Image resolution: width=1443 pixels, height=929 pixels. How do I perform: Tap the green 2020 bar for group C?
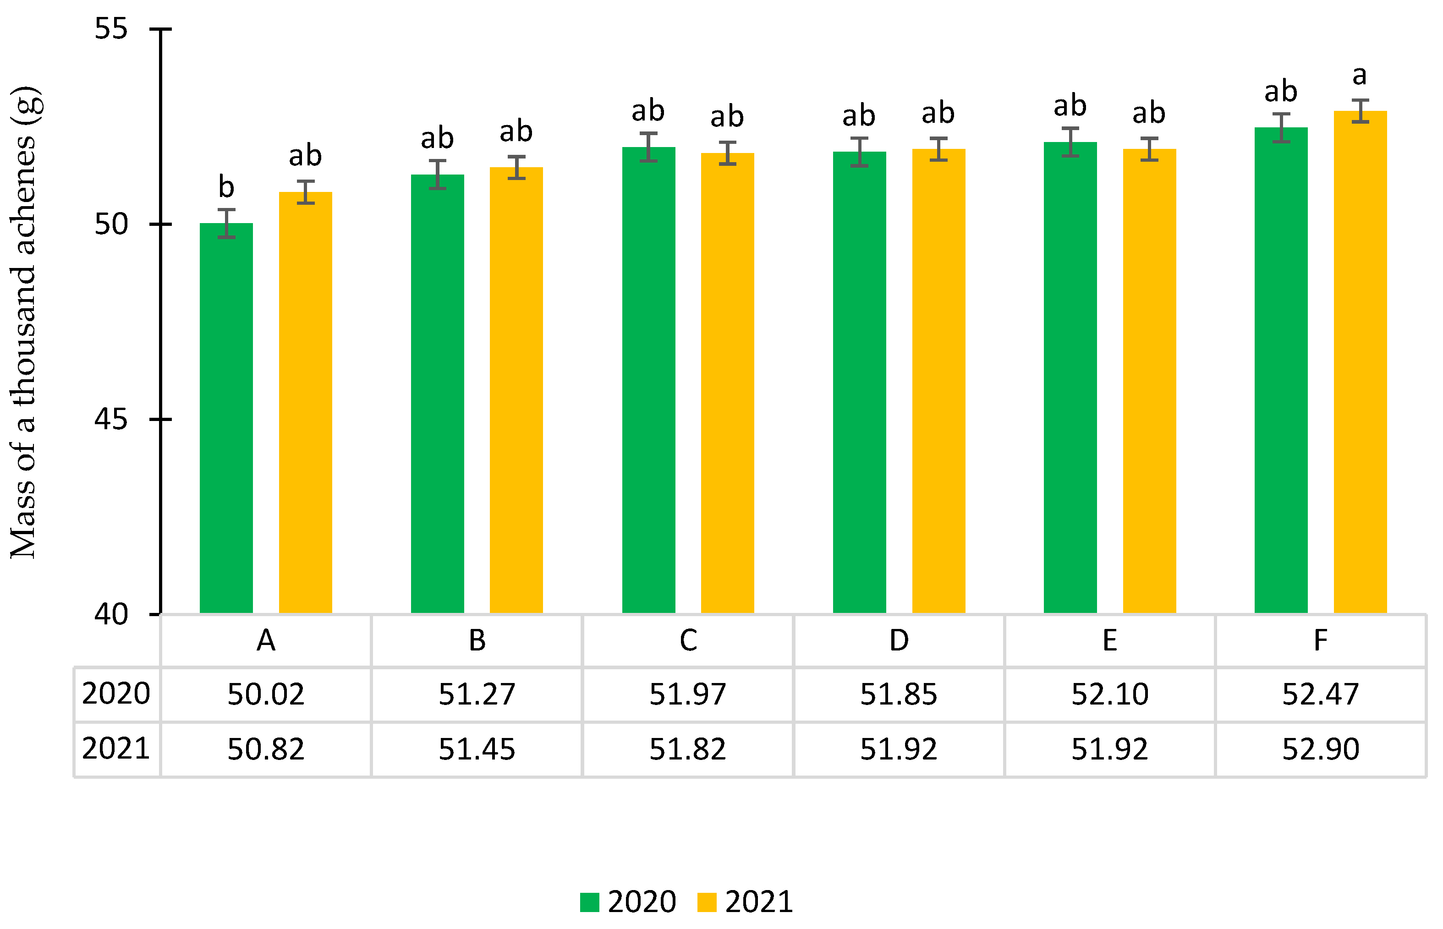tap(648, 380)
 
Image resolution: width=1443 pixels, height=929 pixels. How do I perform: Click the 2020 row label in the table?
tap(116, 694)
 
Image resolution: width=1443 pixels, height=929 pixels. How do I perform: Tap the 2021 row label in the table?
tap(116, 749)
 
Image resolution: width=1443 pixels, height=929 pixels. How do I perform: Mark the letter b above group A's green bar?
tap(226, 186)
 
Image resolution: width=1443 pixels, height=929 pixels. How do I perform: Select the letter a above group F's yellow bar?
tap(1360, 76)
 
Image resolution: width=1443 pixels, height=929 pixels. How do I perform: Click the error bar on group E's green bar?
tap(1070, 142)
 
